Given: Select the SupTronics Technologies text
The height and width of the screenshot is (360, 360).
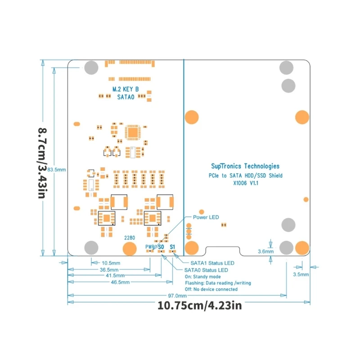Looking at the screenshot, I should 245,166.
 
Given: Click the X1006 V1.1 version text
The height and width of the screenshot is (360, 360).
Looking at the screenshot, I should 245,183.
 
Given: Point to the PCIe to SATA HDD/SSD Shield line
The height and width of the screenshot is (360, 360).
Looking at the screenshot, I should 245,175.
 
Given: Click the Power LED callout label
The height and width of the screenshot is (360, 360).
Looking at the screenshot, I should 206,217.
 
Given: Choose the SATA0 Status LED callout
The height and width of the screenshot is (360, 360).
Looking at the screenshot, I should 207,270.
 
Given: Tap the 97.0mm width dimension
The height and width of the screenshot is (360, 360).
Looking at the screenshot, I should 177,296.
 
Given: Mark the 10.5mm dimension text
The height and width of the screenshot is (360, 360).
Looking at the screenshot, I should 111,263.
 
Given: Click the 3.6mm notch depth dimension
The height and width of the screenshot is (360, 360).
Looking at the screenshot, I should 265,251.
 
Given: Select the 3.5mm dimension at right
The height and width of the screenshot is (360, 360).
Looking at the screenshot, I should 301,274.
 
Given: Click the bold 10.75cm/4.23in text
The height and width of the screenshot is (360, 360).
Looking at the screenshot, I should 200,306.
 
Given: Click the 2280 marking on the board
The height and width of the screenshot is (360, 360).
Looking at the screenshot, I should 130,237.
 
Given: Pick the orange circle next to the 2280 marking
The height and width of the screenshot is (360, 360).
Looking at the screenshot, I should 130,249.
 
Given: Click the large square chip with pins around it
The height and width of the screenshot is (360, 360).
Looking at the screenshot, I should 133,132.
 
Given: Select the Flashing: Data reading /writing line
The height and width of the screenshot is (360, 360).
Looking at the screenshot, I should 218,283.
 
